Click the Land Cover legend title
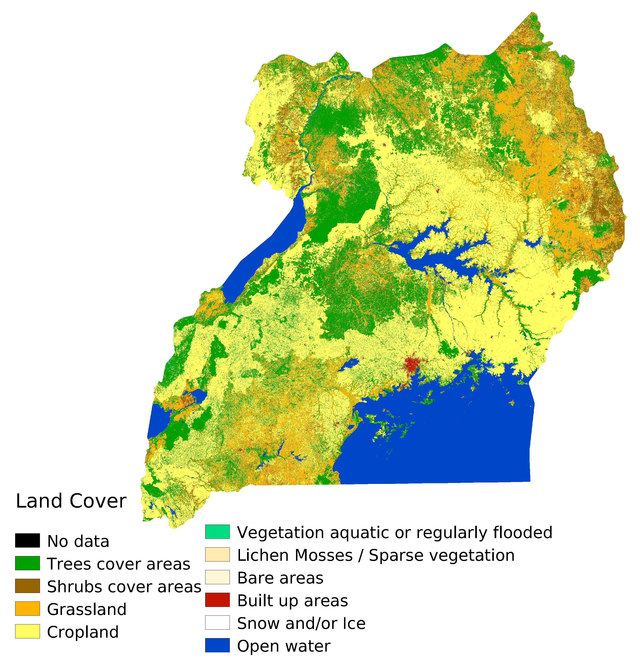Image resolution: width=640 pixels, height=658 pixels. point(71,501)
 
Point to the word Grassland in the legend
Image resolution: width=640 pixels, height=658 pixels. point(87,609)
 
